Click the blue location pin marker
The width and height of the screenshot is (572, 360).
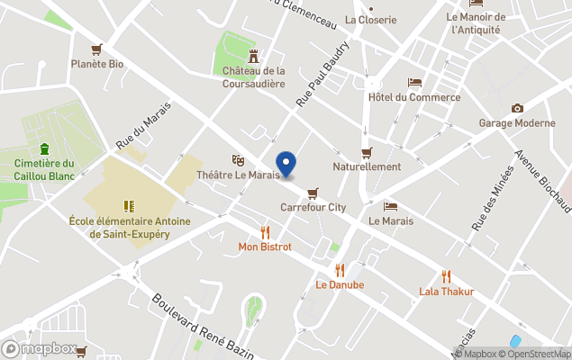[286, 164]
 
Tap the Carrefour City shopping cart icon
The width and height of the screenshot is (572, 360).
[313, 192]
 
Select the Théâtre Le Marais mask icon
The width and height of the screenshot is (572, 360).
[239, 159]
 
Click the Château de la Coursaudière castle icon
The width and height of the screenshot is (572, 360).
[254, 55]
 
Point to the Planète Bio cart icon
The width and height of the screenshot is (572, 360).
[96, 49]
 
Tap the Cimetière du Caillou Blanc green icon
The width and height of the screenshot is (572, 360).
[44, 148]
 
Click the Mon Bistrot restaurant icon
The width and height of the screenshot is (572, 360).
[265, 231]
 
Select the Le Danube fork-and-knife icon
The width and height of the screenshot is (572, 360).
[340, 269]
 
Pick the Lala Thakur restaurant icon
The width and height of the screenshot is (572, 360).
[446, 275]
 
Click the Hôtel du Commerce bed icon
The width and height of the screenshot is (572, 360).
[414, 82]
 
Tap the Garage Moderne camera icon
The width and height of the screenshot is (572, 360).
[517, 108]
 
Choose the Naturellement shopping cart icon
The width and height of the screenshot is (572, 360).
[367, 152]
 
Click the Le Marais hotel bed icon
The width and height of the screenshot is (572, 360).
[390, 206]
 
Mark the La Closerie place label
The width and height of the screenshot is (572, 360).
[365, 20]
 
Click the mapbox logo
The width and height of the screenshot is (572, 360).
[39, 348]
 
